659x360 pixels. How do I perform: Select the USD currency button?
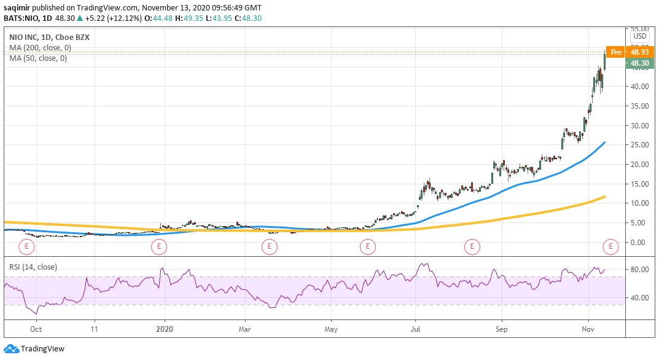point(640,36)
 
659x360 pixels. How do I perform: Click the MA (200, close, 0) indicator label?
point(40,48)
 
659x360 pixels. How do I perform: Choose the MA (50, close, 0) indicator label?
point(38,58)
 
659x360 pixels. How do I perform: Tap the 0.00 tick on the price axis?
point(640,242)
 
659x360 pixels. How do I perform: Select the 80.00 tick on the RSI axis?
point(640,270)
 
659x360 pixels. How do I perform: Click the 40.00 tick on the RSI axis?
point(640,298)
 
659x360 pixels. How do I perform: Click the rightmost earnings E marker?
point(610,247)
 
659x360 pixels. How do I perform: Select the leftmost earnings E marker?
point(26,247)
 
